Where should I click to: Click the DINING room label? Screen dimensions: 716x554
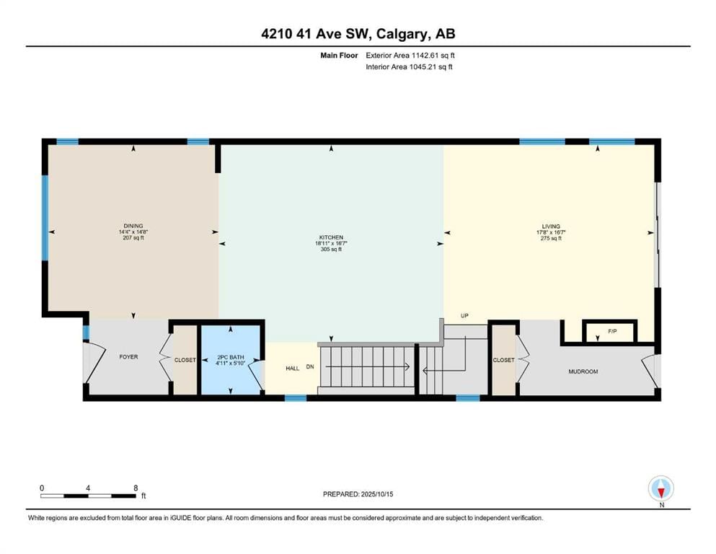[x=133, y=226]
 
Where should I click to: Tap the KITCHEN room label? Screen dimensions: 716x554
[x=331, y=237]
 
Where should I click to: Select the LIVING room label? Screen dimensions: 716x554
[x=551, y=227]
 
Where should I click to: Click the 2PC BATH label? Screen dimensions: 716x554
[x=231, y=357]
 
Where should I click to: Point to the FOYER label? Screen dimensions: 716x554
[x=128, y=357]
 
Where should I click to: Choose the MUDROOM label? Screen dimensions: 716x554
[x=583, y=371]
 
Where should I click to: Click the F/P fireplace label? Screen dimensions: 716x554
[x=612, y=332]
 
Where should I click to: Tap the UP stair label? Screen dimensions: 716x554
[x=464, y=316]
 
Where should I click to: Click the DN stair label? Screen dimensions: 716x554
[x=310, y=366]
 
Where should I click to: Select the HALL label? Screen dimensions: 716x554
[x=292, y=369]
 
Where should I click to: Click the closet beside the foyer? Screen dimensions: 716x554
[x=185, y=361]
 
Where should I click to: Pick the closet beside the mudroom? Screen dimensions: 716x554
[x=504, y=361]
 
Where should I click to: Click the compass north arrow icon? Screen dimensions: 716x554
[x=660, y=490]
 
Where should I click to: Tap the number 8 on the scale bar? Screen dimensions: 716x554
[x=136, y=488]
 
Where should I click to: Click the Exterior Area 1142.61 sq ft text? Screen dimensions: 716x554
[x=410, y=56]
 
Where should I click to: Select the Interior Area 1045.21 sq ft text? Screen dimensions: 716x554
[x=409, y=66]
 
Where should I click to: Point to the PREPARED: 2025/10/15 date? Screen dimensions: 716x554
[x=358, y=494]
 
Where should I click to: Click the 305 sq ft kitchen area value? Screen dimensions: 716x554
[x=331, y=250]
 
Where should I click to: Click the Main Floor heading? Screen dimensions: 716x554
[x=339, y=56]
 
